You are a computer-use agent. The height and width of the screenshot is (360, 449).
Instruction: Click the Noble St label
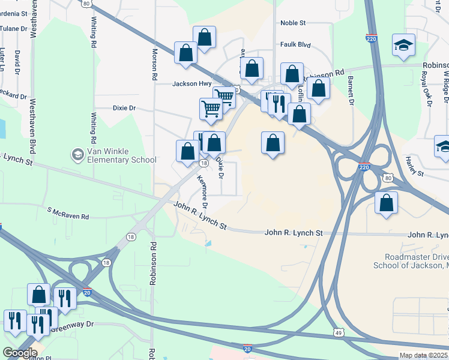[293, 23]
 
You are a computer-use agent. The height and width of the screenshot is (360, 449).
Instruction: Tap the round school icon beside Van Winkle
[77, 155]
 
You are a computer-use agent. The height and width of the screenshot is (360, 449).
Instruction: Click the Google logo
[20, 353]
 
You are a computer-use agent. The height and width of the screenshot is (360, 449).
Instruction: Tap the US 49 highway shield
[339, 332]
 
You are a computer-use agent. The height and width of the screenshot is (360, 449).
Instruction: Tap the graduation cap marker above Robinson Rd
[403, 45]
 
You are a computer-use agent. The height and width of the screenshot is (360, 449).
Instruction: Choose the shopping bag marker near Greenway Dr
[38, 295]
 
